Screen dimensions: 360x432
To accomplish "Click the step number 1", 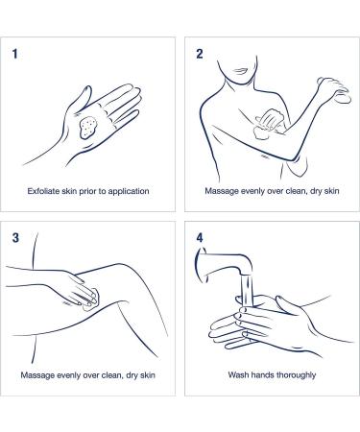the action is (14, 54).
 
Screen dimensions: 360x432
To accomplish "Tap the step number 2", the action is (200, 54).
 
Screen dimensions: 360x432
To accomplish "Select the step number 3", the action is (15, 238).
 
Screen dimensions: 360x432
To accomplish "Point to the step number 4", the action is (200, 238).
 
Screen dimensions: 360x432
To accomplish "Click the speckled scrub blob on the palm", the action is (88, 128).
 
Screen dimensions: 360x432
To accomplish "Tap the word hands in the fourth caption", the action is (262, 375).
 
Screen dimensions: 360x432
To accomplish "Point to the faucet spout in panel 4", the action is (224, 261).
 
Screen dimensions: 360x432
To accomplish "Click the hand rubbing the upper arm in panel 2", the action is (270, 123).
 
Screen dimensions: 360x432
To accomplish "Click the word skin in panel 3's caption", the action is (148, 375).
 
